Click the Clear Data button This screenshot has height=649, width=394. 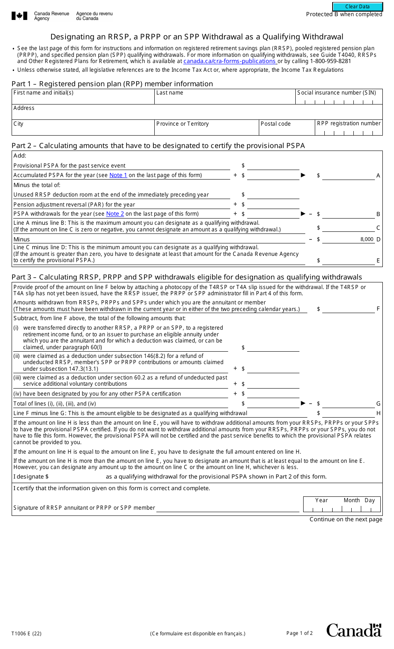point(357,7)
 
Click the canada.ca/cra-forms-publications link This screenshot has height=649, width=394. point(229,61)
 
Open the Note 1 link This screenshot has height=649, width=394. point(118,175)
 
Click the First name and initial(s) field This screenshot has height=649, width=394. point(83,99)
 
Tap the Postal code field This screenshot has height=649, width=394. point(287,130)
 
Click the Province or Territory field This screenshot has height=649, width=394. point(206,130)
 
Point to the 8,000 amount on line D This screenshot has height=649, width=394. point(367,239)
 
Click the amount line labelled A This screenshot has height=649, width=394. point(348,176)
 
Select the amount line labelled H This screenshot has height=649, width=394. point(348,413)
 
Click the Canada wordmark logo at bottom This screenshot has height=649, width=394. point(354,630)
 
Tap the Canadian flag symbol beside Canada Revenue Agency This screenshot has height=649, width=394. point(19,16)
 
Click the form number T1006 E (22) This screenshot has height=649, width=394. point(27,634)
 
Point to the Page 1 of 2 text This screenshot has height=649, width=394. point(299,633)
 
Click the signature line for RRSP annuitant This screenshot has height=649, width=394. point(227,508)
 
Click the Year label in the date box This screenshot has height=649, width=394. point(321,501)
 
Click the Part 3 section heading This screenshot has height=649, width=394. point(187,277)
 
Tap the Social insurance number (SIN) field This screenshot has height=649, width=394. point(339,100)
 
